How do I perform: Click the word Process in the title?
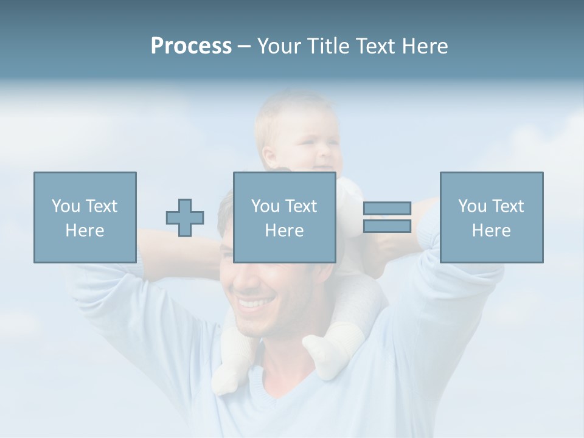point(191,46)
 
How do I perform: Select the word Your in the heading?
point(279,46)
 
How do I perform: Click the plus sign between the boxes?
point(185,218)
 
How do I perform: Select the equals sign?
point(387,218)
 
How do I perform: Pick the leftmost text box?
point(85,217)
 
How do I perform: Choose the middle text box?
point(284,217)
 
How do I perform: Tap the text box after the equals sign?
point(491,217)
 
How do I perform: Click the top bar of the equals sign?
point(387,209)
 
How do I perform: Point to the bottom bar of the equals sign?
point(387,226)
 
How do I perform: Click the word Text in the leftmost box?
point(100,206)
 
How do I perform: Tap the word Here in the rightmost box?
point(491,231)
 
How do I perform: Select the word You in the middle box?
point(265,206)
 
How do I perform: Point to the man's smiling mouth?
point(254,302)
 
